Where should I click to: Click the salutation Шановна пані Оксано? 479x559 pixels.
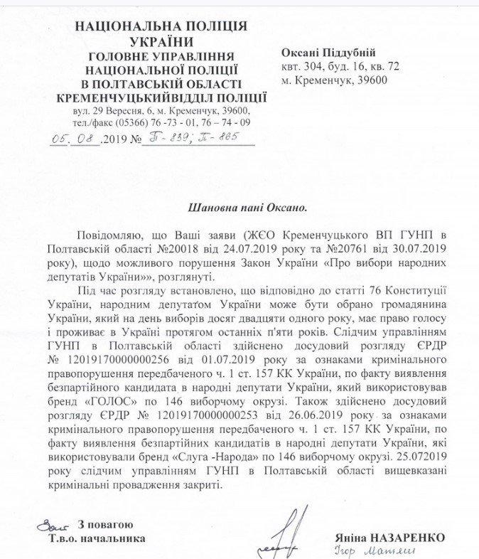tap(239, 208)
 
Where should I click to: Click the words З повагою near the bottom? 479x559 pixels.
tap(98, 524)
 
